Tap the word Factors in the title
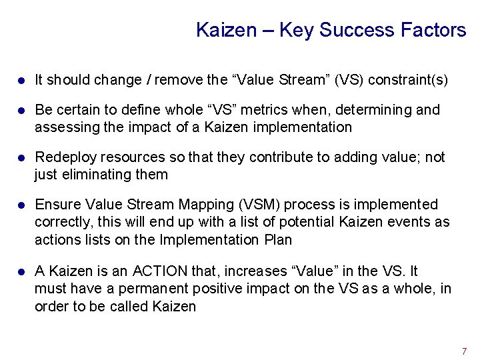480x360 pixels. [433, 30]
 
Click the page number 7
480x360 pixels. [464, 351]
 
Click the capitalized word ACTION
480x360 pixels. [160, 271]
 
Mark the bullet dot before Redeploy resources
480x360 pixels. [21, 157]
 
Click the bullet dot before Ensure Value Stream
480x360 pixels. [21, 205]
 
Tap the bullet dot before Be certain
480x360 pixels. [21, 110]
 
